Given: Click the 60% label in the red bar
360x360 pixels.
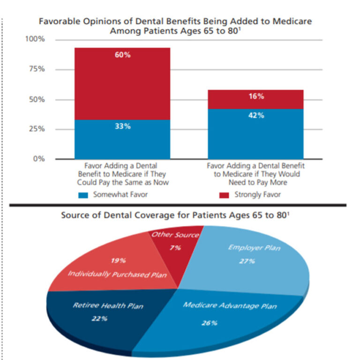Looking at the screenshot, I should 123,55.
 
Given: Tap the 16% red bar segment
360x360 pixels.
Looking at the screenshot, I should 256,97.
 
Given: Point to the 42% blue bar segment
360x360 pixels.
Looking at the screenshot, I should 256,134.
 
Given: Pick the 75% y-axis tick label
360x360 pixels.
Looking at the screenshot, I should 37,69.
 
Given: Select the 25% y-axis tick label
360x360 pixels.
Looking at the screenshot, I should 37,129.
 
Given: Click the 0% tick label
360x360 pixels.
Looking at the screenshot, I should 40,159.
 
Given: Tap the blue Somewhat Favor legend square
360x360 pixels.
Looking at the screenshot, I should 83,195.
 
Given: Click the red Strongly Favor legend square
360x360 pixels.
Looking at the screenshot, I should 225,195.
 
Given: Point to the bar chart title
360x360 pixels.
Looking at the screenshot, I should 175,26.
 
